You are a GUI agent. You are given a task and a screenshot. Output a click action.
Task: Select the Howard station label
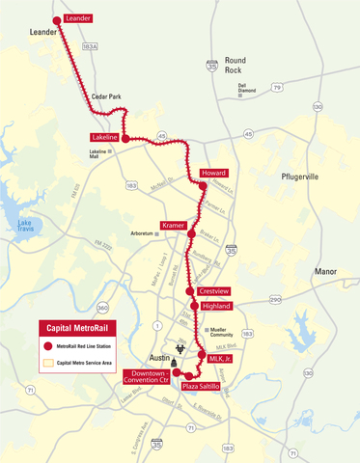point(213,173)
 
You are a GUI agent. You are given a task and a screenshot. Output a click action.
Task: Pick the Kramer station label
point(174,225)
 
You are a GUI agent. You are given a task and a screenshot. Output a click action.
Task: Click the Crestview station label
point(213,289)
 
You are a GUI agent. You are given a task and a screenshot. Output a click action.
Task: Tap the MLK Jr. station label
point(221,357)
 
